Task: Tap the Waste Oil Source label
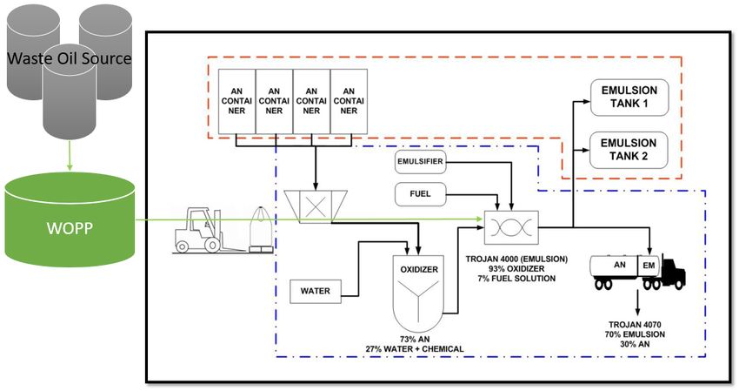(x=70, y=59)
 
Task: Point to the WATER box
(x=315, y=290)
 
